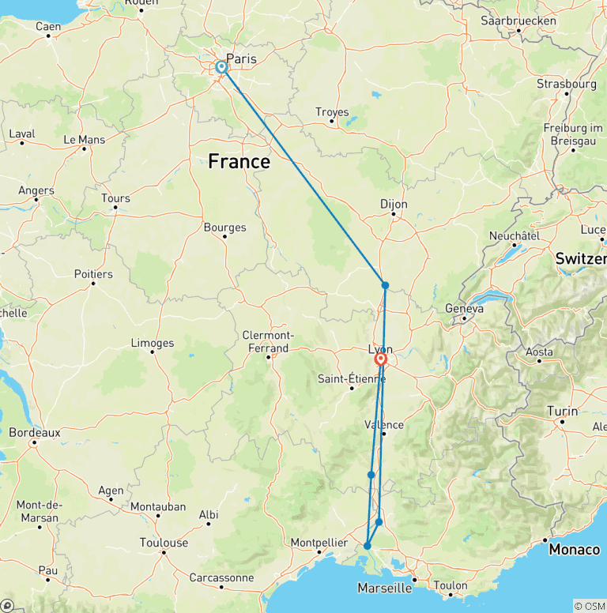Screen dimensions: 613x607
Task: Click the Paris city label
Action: [241, 58]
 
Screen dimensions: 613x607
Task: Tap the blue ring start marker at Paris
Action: [221, 68]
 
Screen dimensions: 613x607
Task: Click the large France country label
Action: [239, 162]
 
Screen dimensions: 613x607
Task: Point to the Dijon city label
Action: [394, 204]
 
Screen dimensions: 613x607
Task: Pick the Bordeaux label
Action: [35, 433]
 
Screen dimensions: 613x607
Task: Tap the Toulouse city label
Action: [164, 543]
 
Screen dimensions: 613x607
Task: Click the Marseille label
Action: [384, 588]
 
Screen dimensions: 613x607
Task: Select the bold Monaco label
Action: [575, 549]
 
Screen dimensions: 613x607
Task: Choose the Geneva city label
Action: [464, 309]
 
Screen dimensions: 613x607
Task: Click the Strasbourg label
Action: [566, 83]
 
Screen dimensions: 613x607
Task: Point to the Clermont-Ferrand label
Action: [270, 340]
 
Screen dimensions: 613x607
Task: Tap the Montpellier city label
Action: [319, 543]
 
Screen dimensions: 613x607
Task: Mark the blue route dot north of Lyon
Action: [385, 285]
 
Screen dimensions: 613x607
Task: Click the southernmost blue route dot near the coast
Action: [368, 546]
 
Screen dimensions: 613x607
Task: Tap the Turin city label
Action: [563, 412]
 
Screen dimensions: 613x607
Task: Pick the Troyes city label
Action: [332, 112]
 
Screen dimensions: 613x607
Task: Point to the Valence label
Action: [384, 424]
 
